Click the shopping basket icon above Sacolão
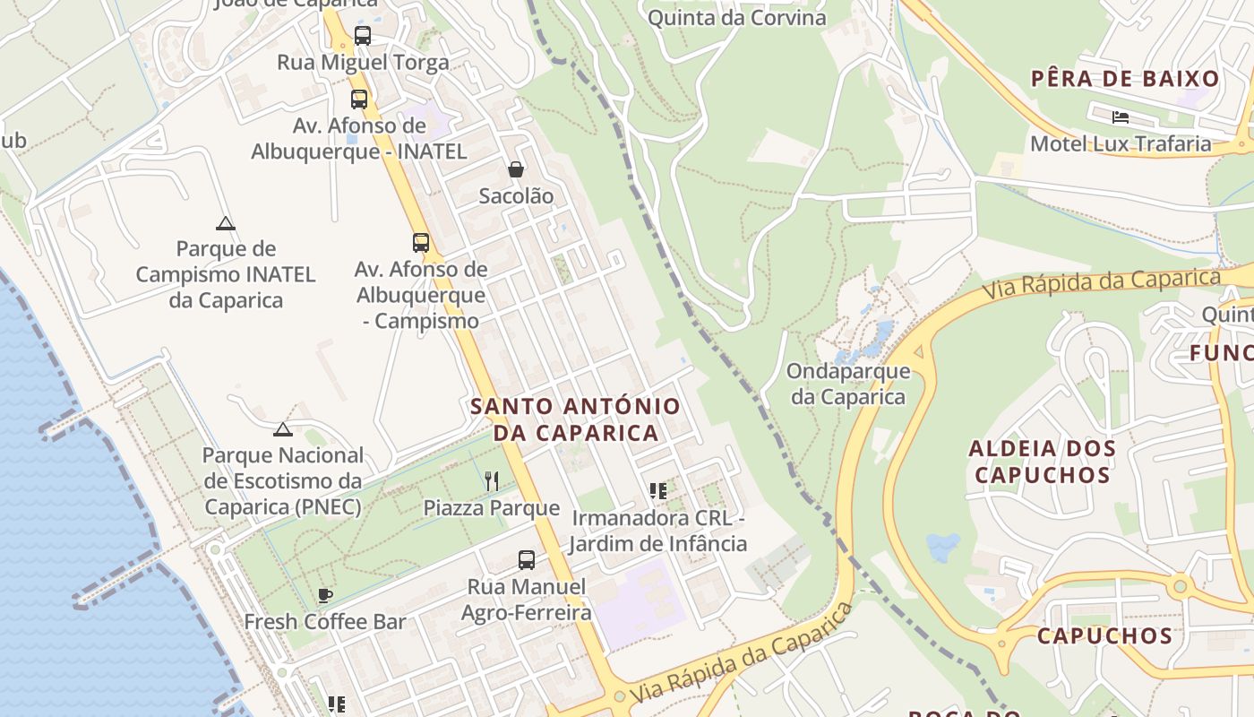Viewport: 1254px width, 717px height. [516, 168]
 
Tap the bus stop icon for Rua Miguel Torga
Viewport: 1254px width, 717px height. [362, 36]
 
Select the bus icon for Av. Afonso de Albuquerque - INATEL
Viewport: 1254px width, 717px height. [359, 99]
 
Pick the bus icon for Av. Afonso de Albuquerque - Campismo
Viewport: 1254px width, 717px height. [421, 242]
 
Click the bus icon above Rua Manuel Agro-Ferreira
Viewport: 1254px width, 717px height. [527, 560]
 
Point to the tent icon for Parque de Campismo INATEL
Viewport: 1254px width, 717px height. [225, 223]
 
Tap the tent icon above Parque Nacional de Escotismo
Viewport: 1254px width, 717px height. [283, 429]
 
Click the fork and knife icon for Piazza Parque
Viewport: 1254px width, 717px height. [492, 481]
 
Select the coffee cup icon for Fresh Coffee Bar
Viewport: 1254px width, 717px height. [325, 595]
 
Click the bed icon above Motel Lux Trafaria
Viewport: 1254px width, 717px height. [1120, 117]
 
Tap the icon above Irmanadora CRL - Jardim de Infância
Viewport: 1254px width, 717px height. [658, 491]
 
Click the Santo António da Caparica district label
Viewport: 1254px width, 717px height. [575, 419]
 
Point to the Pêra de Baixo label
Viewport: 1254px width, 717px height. [1125, 79]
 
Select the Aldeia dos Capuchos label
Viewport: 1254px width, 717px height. [1043, 462]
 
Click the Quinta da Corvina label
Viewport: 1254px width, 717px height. [736, 17]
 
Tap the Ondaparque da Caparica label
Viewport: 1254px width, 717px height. [848, 384]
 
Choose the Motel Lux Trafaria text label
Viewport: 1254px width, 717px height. [1120, 143]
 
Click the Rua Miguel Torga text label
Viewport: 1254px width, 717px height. [363, 63]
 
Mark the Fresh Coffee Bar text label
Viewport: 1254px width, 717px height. [325, 621]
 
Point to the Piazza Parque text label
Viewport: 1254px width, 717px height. [492, 508]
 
